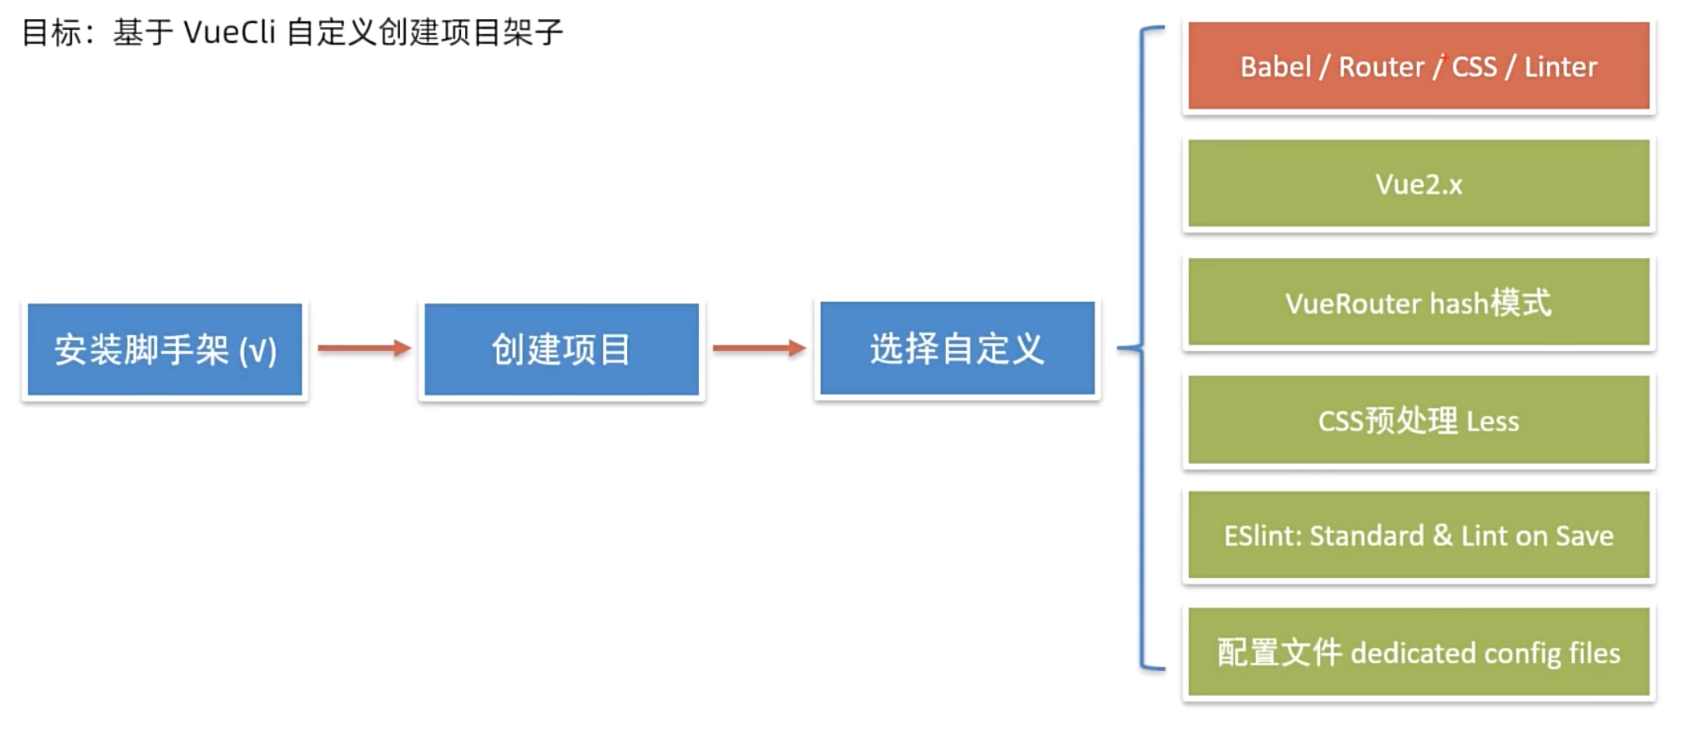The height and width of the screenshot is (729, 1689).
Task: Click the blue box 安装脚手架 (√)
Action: [164, 349]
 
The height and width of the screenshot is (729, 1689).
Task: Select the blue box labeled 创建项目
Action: [561, 349]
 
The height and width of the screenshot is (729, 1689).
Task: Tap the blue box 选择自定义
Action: [957, 348]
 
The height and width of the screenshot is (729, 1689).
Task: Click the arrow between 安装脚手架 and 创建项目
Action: [364, 348]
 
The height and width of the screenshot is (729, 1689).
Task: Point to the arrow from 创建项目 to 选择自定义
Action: [759, 348]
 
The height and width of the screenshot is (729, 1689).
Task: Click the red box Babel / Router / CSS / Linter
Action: [1418, 66]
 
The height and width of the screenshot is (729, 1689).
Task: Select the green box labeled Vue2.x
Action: [1418, 183]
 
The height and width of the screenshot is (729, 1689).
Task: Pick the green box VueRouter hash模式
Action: [1418, 302]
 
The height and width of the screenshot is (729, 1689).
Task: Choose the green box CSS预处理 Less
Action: [1418, 420]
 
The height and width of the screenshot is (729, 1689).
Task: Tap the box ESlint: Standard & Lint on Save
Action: [1418, 535]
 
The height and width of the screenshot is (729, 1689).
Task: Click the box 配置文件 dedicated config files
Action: [1418, 652]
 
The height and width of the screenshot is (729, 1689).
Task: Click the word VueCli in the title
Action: [229, 33]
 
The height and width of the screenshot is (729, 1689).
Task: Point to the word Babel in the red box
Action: [1275, 67]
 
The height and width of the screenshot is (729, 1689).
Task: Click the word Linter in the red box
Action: [1560, 67]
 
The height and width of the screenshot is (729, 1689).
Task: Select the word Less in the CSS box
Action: [1492, 421]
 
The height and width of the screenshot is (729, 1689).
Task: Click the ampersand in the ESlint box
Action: [1443, 535]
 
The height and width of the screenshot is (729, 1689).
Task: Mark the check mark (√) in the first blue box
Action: [258, 351]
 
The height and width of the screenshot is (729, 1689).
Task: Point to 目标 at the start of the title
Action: [52, 33]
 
